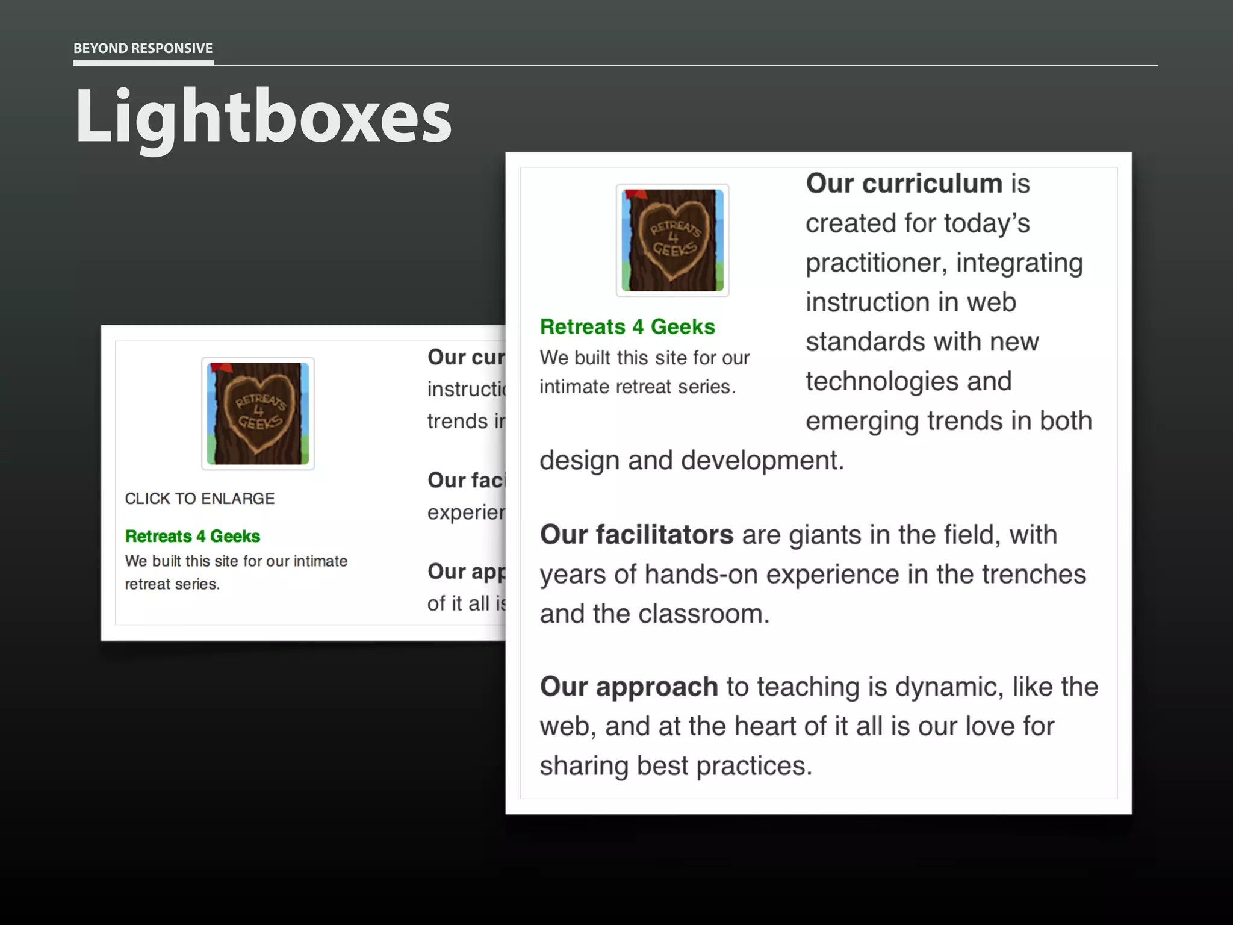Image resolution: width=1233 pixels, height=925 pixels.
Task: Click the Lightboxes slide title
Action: (263, 116)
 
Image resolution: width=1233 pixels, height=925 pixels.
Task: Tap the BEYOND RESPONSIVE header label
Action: (143, 48)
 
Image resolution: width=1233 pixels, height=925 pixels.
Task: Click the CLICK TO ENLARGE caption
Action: (199, 499)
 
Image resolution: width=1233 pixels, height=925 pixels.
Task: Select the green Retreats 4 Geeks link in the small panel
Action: (193, 536)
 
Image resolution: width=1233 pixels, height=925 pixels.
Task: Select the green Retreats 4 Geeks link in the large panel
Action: (627, 326)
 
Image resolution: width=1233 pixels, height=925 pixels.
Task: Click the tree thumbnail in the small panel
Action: (258, 413)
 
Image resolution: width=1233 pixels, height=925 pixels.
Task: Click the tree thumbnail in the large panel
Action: (672, 240)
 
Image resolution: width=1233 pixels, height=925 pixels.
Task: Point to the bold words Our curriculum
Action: (904, 184)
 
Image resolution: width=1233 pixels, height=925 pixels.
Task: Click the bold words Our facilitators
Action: (636, 535)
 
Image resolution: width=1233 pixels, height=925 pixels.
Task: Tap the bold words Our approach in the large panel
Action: (629, 687)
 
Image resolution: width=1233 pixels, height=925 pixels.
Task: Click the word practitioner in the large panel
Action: (876, 263)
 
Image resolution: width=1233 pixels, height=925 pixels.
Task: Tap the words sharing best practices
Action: (676, 766)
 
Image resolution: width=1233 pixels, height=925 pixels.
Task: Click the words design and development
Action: (692, 461)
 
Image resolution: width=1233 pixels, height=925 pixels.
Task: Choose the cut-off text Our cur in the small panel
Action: (465, 357)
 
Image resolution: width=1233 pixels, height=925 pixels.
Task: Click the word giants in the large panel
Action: (823, 535)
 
